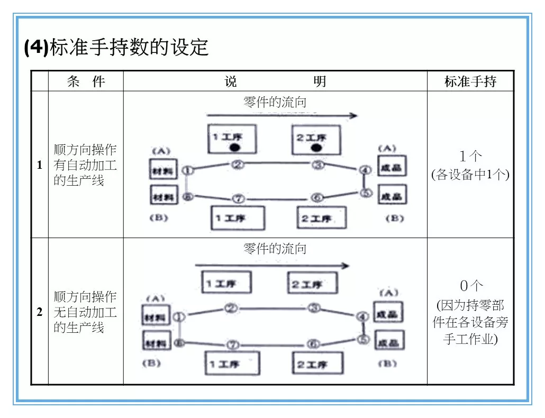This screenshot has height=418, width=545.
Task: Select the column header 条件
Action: pos(86,81)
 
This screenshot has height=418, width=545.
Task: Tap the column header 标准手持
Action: pos(470,81)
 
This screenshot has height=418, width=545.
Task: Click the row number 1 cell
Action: pos(40,165)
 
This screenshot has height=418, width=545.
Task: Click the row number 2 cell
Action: pos(40,312)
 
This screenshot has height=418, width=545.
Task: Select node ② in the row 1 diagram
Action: pos(238,165)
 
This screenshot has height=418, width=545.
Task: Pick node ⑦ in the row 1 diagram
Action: pos(238,199)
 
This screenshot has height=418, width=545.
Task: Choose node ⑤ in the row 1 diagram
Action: pos(366,193)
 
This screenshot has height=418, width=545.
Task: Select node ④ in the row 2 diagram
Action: pos(362,316)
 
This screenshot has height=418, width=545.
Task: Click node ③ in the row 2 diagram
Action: pos(315,308)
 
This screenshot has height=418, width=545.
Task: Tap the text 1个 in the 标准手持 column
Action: pos(470,156)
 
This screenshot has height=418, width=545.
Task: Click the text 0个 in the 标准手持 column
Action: pos(471,286)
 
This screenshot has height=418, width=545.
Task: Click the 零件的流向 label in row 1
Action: pos(275,102)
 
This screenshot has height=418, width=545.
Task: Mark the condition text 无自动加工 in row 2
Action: pos(85,312)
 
